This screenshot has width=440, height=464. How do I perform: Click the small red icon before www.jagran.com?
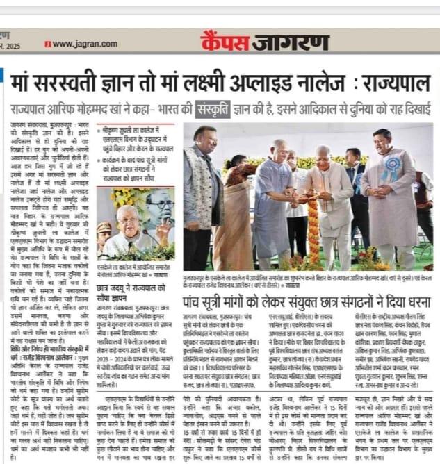[47, 43]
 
